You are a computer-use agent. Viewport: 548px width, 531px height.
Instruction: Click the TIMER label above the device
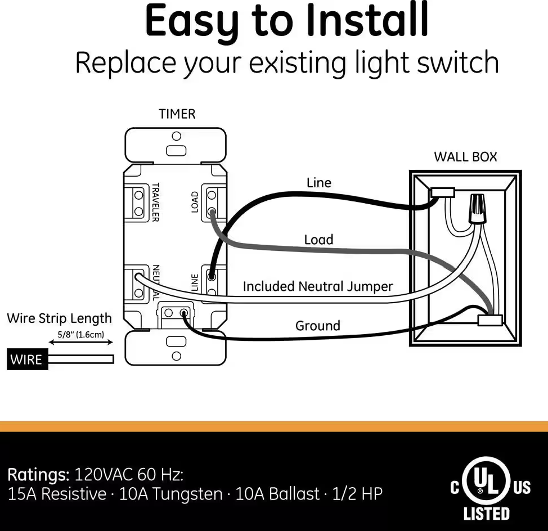(177, 114)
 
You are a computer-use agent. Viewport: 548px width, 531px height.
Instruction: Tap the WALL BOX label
(465, 157)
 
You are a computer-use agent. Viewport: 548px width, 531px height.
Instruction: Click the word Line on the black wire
(318, 183)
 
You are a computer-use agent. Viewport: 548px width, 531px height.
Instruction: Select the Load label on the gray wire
(318, 240)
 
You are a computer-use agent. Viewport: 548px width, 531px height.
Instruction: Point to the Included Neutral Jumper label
(317, 286)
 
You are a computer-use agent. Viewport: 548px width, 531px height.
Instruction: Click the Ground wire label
(318, 326)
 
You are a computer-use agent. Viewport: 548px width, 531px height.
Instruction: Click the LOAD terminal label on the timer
(195, 202)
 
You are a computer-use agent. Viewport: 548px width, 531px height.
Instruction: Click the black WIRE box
(27, 359)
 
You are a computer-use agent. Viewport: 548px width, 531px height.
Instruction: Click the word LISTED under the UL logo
(486, 514)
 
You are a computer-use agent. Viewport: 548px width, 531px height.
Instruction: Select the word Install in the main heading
(366, 21)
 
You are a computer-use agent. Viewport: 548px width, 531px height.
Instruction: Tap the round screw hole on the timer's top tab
(176, 136)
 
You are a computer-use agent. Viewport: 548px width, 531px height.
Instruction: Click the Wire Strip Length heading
(59, 318)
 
